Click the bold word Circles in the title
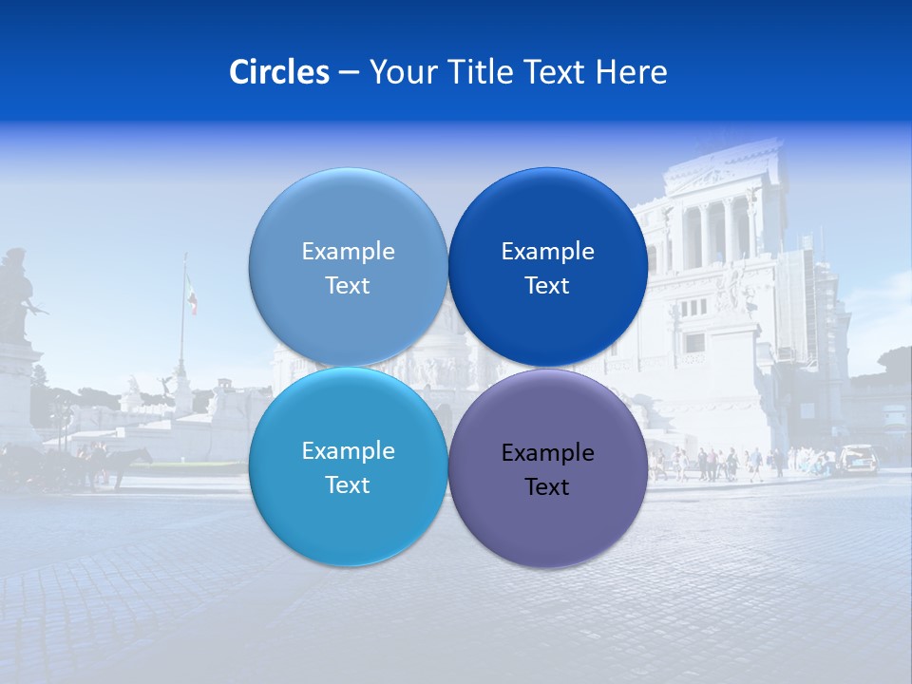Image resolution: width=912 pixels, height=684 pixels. [x=278, y=71]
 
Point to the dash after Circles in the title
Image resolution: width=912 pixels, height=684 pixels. [x=349, y=72]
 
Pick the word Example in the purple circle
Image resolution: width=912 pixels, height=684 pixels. [x=547, y=453]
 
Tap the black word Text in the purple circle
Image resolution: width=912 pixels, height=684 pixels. [x=547, y=487]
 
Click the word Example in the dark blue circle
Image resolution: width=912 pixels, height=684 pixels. [x=547, y=252]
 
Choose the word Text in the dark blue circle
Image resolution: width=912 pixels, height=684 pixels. [x=547, y=286]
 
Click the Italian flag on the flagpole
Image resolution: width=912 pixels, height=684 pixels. [x=192, y=295]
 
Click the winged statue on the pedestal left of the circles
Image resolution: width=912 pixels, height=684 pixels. [x=167, y=384]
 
